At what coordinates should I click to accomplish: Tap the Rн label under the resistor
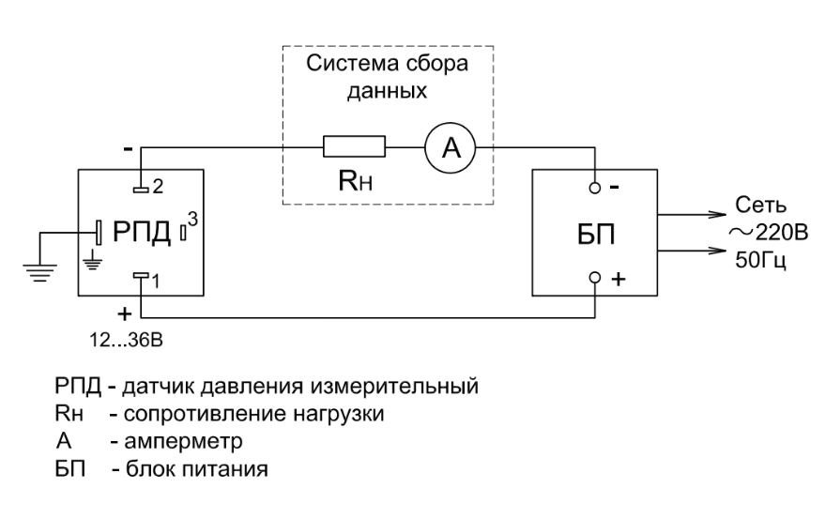point(355,180)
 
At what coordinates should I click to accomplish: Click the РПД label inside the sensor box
point(142,232)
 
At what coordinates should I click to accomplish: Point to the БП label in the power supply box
point(596,235)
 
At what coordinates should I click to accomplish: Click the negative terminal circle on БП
point(594,188)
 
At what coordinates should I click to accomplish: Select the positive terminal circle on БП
point(594,278)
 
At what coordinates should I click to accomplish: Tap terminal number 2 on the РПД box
point(141,189)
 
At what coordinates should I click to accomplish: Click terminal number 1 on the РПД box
point(141,275)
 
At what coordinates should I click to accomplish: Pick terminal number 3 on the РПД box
point(183,232)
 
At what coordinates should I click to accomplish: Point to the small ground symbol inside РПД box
point(93,261)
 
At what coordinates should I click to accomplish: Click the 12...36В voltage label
point(126,341)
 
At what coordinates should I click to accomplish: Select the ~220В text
point(768,232)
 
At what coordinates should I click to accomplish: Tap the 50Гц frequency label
point(760,260)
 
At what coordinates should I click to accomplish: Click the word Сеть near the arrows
point(760,205)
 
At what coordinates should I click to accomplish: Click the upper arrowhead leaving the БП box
point(718,214)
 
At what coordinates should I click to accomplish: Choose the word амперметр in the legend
point(183,441)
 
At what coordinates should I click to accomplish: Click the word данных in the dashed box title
point(387,91)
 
